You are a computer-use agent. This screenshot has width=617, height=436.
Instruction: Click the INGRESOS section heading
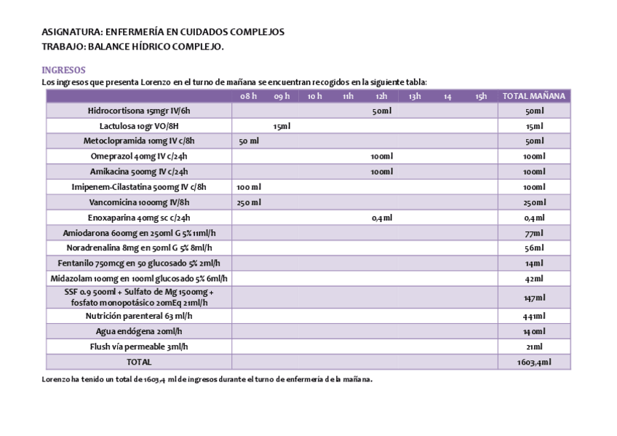64,70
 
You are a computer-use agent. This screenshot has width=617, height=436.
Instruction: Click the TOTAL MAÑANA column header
534,96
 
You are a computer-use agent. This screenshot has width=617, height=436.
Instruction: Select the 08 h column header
249,96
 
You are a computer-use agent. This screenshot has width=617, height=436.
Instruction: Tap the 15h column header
481,96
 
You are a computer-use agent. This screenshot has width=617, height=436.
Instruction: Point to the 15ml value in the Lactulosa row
282,126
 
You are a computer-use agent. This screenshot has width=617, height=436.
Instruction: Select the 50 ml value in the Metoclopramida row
249,141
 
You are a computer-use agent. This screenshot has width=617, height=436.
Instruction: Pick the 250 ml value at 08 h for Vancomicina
249,202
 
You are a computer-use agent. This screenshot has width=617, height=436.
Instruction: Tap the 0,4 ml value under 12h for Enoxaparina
381,218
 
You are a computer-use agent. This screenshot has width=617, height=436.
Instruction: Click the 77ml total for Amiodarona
534,233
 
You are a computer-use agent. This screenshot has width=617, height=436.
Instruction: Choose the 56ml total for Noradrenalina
534,248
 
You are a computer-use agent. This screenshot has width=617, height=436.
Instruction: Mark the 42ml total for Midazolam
534,279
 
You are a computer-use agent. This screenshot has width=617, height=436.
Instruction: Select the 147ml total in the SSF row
534,298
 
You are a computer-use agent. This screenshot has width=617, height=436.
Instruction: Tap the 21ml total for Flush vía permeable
534,346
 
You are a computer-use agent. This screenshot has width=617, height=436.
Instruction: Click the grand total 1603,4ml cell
534,362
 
